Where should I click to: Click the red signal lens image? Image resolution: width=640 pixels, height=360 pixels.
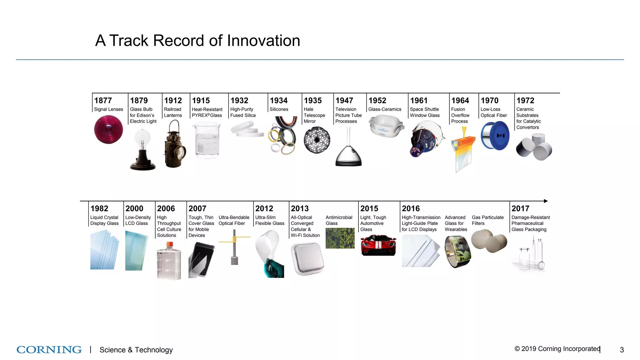tap(108, 129)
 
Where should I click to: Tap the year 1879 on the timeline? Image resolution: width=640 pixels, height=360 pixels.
tap(139, 101)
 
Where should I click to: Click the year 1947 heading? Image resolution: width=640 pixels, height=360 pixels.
tap(344, 101)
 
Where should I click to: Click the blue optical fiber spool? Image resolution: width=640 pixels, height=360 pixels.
tap(495, 136)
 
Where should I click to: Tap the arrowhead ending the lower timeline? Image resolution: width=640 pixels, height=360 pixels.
tap(546, 201)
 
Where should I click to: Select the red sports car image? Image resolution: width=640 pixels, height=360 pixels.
tap(378, 245)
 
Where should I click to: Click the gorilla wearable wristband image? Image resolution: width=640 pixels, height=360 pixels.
tap(458, 252)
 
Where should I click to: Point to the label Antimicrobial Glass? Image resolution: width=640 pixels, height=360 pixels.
tap(339, 220)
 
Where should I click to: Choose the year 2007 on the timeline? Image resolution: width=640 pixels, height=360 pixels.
tap(197, 208)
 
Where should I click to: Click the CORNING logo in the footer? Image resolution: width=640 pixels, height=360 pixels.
tap(49, 349)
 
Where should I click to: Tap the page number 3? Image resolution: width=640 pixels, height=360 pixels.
tap(622, 350)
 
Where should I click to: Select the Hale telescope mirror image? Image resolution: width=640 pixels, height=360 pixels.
tap(317, 140)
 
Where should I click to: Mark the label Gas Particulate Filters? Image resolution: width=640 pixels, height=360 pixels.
tap(487, 220)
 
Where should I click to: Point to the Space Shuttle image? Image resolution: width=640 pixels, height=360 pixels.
tap(426, 139)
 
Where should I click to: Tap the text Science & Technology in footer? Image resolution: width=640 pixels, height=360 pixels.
tap(136, 350)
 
